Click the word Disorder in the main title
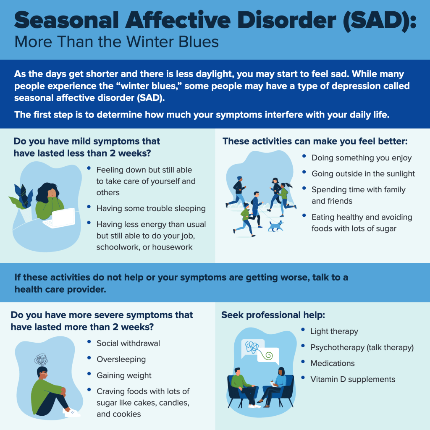[286, 20]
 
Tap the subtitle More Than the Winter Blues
[117, 42]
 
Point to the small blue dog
[275, 226]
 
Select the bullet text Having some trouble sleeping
[151, 208]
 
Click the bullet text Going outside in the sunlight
[363, 173]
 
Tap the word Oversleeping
[121, 359]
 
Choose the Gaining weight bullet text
[124, 375]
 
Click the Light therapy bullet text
[334, 331]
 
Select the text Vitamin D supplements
[353, 379]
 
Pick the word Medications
[333, 363]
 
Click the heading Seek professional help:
[273, 315]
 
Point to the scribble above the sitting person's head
[41, 359]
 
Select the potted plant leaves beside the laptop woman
[21, 197]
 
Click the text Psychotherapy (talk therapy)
[362, 347]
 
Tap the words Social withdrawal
[128, 343]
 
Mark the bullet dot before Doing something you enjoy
[304, 156]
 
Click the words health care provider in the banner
[60, 289]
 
